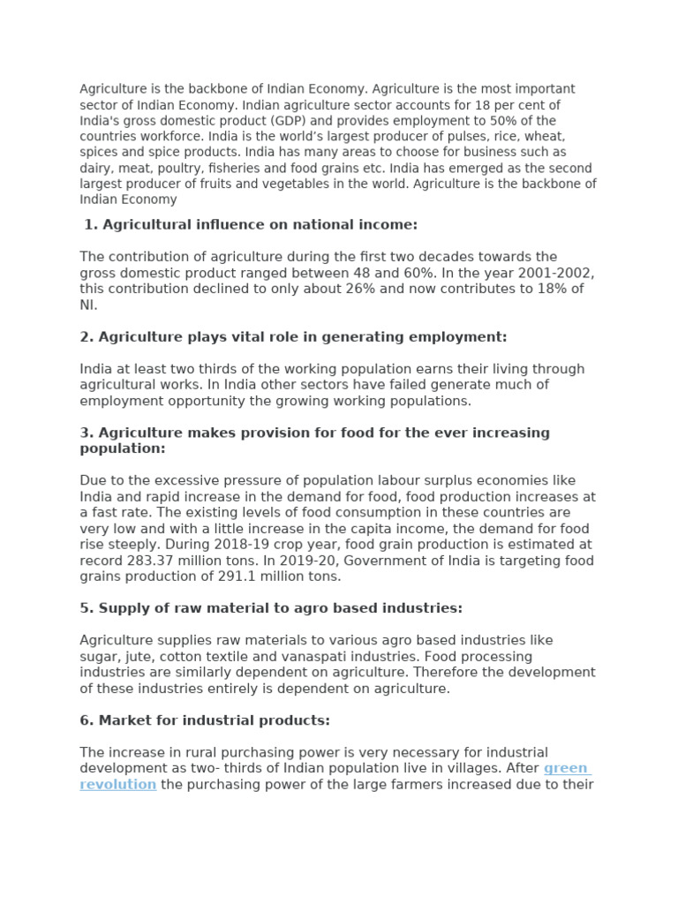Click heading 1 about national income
point(251,225)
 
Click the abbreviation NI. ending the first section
point(88,305)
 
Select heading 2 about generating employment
point(293,337)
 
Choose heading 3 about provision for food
point(314,441)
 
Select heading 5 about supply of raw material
point(271,608)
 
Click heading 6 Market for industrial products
point(205,720)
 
